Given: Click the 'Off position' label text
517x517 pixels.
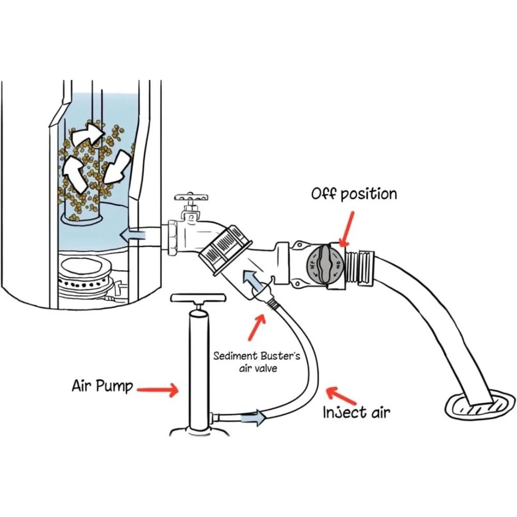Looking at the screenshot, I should tap(354, 194).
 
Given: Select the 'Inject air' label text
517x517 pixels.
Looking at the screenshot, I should tap(356, 413).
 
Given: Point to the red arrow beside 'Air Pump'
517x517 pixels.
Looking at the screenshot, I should tap(157, 390).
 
